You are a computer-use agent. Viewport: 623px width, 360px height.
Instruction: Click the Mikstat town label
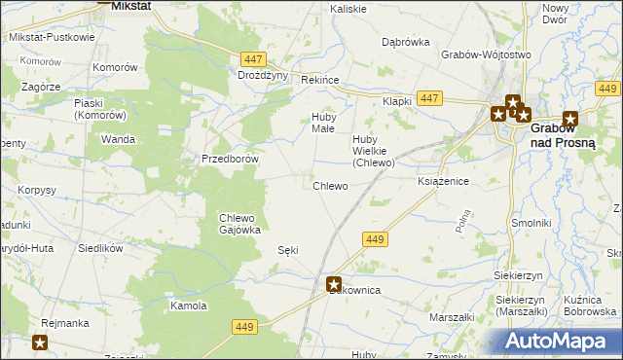click(129, 6)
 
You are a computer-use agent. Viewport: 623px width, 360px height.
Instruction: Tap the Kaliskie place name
click(348, 9)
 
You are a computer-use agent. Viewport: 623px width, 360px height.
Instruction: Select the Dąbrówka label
click(406, 43)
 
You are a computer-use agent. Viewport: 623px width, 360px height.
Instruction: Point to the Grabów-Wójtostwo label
click(478, 55)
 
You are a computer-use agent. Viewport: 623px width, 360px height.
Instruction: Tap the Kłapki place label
click(397, 101)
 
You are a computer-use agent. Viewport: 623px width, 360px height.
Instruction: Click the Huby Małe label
click(323, 124)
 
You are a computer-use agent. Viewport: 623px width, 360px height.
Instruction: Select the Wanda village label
click(118, 139)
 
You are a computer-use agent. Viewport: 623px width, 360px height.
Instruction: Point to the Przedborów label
click(229, 159)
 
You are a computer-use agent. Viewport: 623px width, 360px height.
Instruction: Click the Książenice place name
click(444, 182)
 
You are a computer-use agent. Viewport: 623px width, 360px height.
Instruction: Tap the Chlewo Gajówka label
click(238, 224)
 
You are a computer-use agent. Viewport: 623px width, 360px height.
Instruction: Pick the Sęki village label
click(288, 250)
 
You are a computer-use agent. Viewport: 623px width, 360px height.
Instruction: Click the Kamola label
click(188, 306)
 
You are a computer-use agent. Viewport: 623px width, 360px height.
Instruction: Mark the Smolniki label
click(532, 223)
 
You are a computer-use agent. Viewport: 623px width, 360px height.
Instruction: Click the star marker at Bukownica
click(334, 284)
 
